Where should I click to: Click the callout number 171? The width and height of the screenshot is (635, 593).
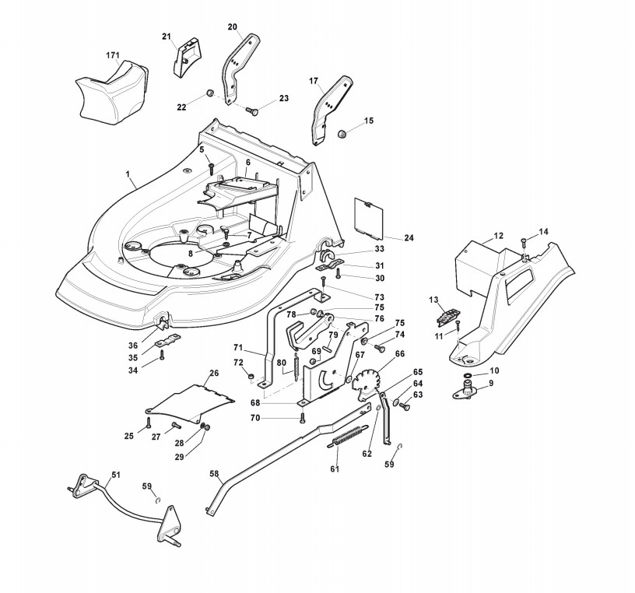tap(114, 54)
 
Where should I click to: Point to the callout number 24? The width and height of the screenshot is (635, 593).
tap(409, 238)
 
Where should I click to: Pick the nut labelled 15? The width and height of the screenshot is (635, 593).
tap(342, 133)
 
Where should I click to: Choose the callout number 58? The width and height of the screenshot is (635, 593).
tap(214, 473)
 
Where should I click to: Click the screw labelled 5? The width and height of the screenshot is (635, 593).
tap(211, 169)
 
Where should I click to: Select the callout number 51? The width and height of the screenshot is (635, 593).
tap(116, 475)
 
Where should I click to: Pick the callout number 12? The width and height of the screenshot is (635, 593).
tap(499, 235)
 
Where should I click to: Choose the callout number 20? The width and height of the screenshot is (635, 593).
tap(233, 26)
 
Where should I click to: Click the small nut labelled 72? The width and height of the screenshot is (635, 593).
tap(251, 377)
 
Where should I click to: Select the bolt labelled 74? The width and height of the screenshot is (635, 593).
tap(380, 348)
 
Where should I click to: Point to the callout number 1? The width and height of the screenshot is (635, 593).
tap(128, 174)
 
